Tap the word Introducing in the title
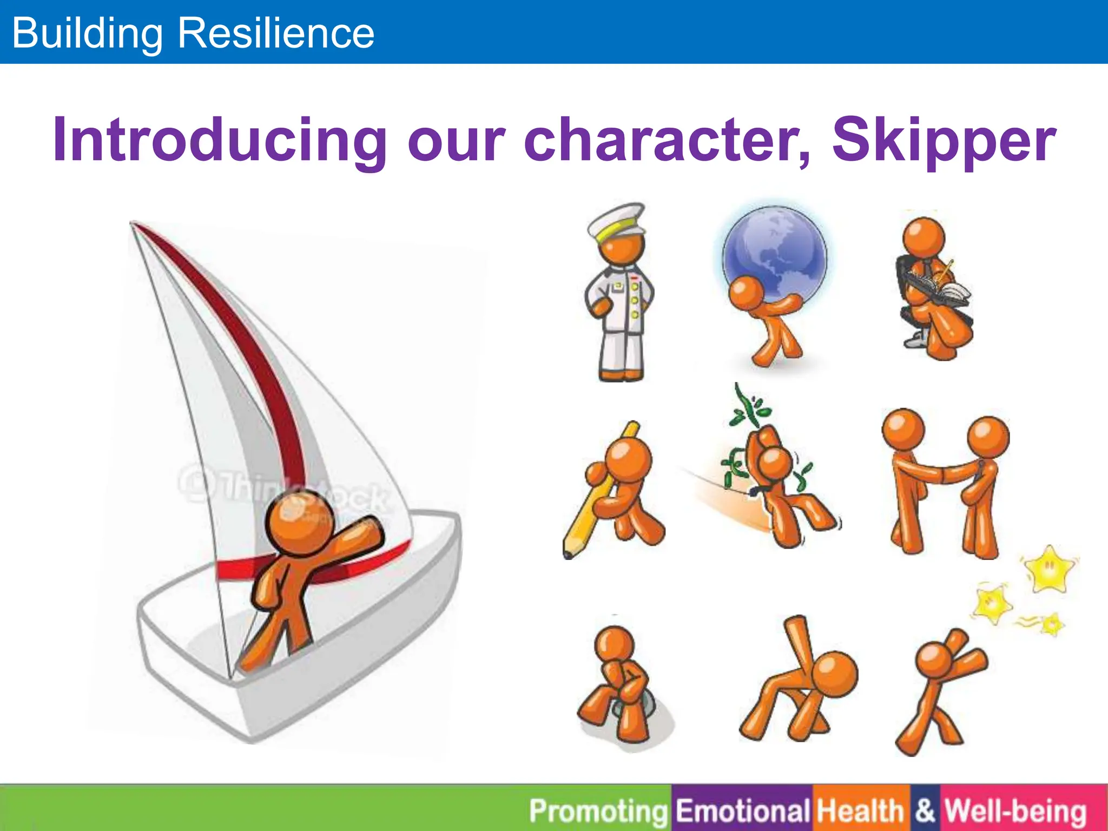219,141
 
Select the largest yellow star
1048,569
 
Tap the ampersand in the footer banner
925,810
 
